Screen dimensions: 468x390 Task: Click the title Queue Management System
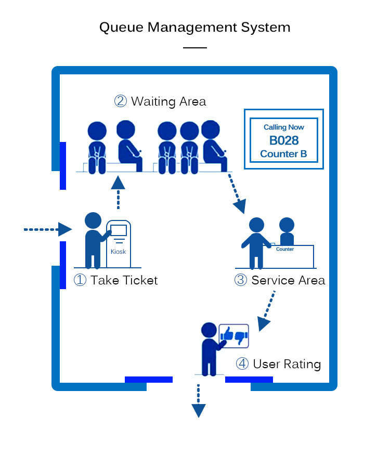point(195,27)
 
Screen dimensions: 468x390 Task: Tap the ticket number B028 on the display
point(284,140)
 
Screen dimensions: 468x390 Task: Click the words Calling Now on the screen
point(284,127)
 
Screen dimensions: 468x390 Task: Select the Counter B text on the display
point(284,154)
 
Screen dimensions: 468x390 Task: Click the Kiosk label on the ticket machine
point(119,252)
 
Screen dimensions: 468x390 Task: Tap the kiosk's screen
point(119,230)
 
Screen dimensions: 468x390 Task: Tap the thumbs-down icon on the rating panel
point(240,337)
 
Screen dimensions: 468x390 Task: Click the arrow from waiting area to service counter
point(235,193)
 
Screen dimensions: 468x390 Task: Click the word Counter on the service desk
point(285,249)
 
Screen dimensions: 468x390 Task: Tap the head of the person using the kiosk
point(93,220)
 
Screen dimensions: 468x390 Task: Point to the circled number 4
point(242,363)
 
